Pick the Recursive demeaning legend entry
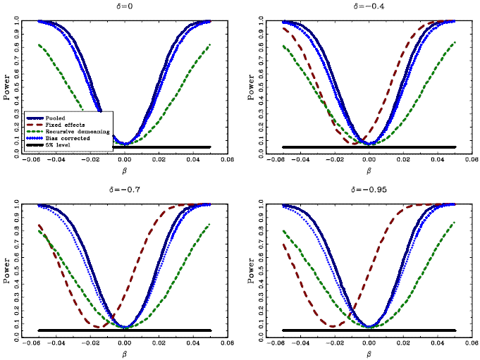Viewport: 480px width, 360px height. point(68,131)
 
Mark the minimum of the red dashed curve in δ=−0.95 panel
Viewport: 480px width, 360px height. point(332,326)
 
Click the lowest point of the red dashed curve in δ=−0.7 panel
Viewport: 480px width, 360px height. point(97,327)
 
